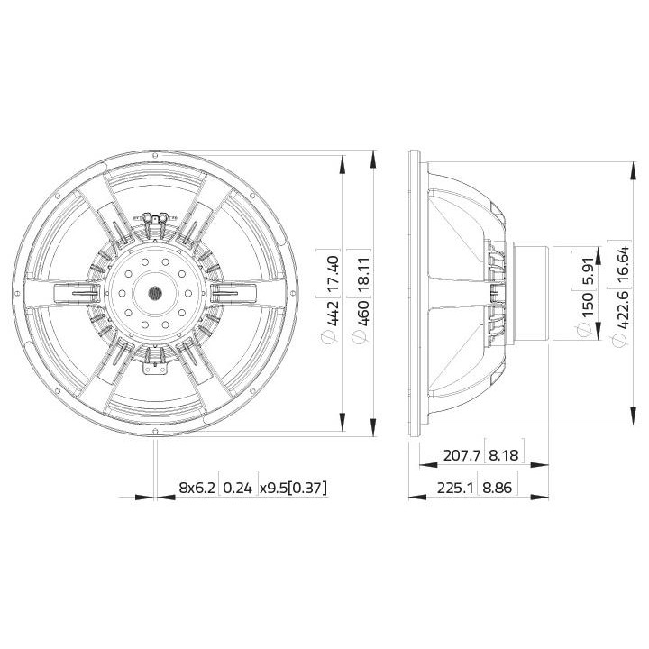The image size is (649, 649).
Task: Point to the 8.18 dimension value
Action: [x=504, y=454]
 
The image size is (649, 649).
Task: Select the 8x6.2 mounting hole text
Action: [x=197, y=488]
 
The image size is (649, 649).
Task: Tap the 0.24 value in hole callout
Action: [x=239, y=488]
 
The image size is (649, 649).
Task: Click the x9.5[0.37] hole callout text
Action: [x=293, y=488]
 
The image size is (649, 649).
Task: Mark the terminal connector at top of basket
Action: [x=156, y=218]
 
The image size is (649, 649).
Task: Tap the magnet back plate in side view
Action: [x=531, y=293]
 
